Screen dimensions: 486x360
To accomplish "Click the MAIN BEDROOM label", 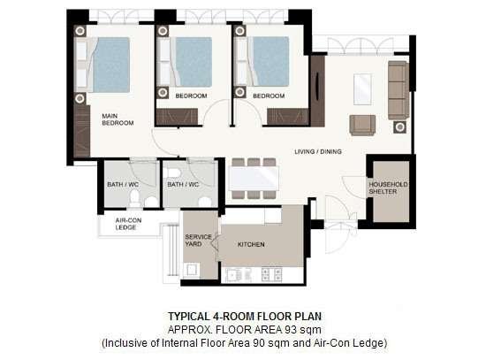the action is (x=118, y=119).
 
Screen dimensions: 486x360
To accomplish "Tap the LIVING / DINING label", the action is (x=318, y=152).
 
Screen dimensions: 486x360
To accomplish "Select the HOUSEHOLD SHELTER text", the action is (x=388, y=188).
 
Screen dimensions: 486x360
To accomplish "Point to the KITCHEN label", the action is (x=251, y=244).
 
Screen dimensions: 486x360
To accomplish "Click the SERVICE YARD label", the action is (x=198, y=241).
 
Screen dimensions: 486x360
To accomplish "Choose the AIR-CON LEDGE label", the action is (x=128, y=224).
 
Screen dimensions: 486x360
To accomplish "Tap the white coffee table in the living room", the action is (x=362, y=89).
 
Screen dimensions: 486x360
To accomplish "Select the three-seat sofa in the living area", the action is (x=399, y=90).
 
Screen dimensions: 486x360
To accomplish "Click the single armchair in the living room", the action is (x=362, y=125).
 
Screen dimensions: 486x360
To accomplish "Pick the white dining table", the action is (x=254, y=179).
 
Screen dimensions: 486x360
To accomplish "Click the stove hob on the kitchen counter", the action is (x=272, y=275).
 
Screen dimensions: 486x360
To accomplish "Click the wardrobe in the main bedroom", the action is (x=82, y=131).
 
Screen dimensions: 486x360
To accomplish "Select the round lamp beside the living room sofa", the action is (x=399, y=127).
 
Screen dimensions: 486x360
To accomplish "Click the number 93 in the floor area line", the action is (x=291, y=330).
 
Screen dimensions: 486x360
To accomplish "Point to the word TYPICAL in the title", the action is (x=189, y=317).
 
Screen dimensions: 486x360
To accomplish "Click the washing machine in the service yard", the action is (x=191, y=271).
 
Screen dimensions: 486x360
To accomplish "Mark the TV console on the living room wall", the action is (x=318, y=91).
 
